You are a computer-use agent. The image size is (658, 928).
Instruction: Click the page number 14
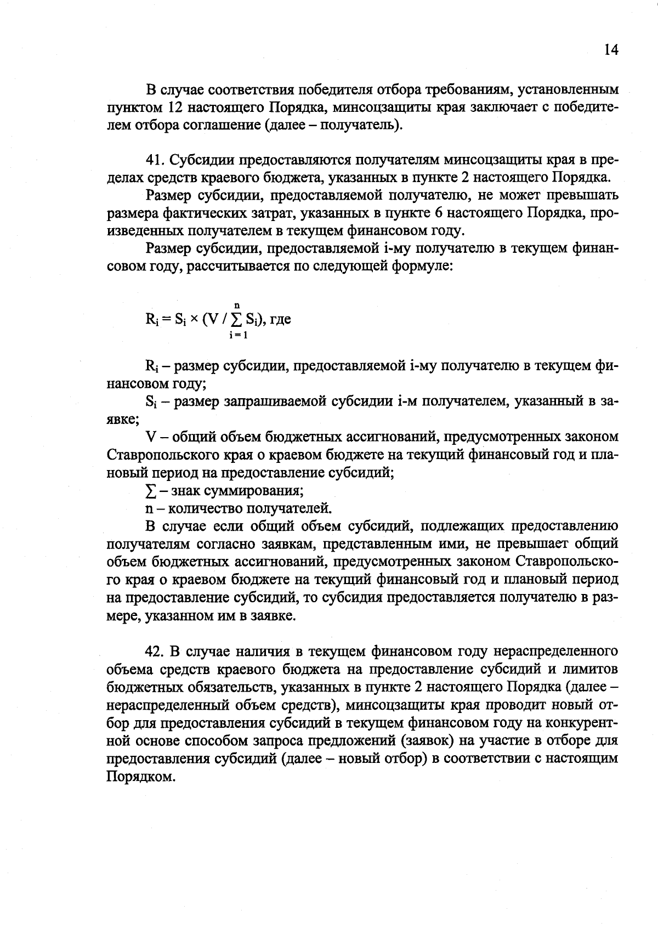coord(611,50)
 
